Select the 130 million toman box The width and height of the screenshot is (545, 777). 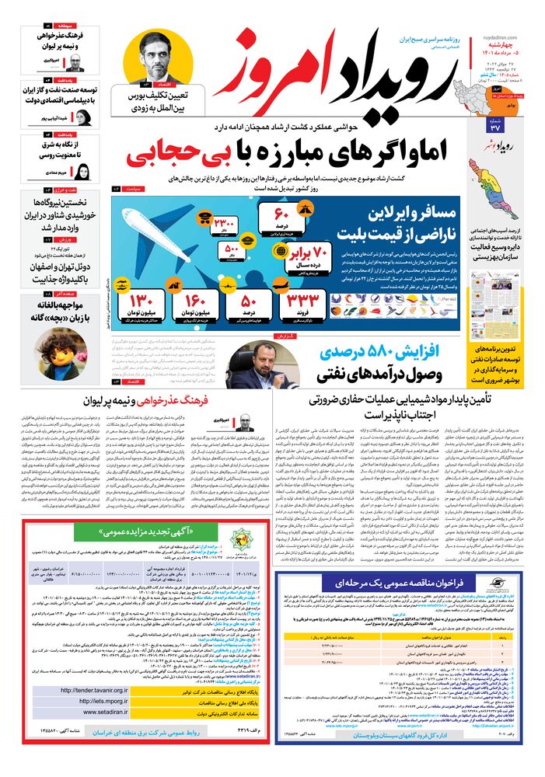point(145,304)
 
